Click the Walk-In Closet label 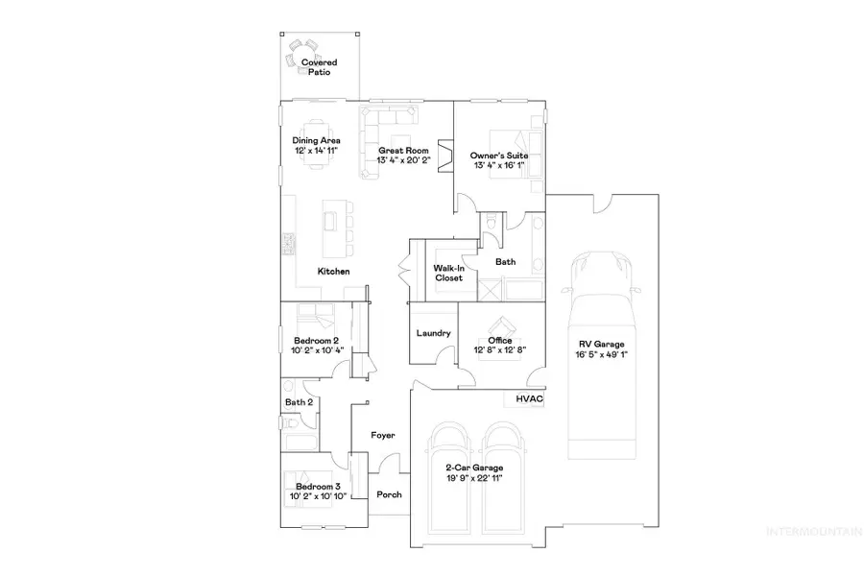[449, 273]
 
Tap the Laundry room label [434, 333]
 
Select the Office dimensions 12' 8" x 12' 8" [499, 349]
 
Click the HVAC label [530, 398]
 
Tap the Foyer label [385, 435]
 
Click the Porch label [389, 495]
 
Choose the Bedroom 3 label [317, 488]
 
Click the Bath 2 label [299, 402]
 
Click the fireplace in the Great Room [445, 156]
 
